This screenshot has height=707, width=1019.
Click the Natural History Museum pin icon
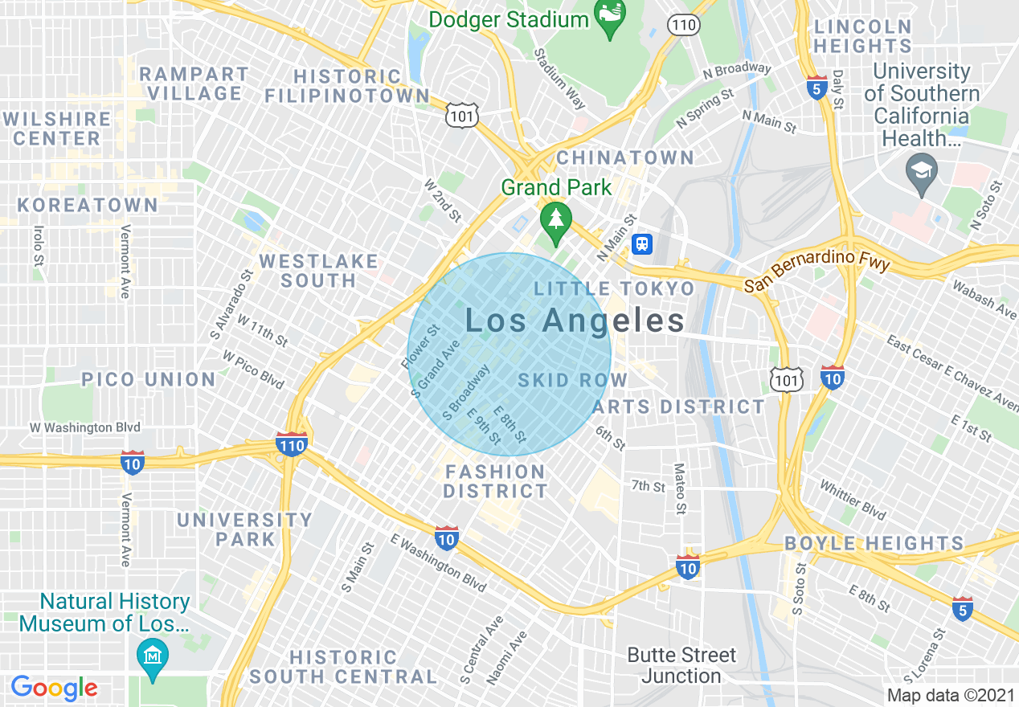click(152, 656)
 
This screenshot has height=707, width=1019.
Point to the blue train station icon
click(641, 243)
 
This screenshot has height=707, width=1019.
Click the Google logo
click(54, 688)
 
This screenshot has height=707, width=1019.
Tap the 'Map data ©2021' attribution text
click(951, 694)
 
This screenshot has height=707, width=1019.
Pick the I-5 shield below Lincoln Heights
click(817, 88)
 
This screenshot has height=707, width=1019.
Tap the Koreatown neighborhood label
click(88, 206)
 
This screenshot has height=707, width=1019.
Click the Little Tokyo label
click(615, 288)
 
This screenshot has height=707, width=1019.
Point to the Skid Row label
click(572, 380)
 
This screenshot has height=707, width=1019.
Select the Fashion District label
click(495, 481)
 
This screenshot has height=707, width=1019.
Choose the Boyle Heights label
click(874, 543)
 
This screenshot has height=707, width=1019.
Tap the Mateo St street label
click(680, 488)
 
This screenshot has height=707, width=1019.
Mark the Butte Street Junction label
click(681, 665)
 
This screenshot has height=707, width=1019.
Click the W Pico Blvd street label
click(253, 369)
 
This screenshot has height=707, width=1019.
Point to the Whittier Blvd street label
click(852, 500)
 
